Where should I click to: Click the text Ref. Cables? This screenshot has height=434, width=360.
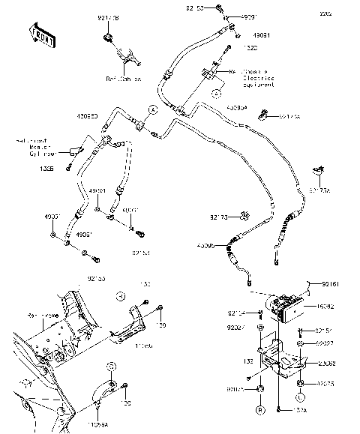tap(122, 77)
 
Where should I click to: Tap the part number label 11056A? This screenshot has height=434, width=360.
tap(97, 424)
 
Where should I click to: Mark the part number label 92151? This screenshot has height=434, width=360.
tap(324, 331)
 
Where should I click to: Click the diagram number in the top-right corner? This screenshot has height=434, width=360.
tap(346, 14)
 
